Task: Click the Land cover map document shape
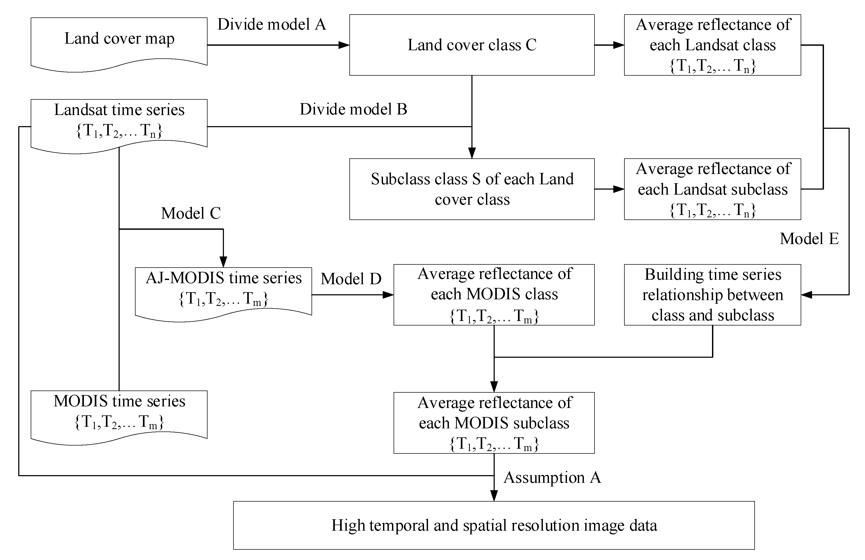(x=119, y=42)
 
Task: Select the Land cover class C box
(x=472, y=45)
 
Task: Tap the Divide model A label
(x=272, y=25)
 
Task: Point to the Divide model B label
(x=353, y=109)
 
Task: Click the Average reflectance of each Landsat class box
(x=712, y=45)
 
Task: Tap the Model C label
(x=191, y=213)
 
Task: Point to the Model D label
(x=351, y=279)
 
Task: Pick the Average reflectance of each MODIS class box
(x=494, y=295)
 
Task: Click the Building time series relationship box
(x=712, y=295)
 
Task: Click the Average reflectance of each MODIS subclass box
(x=494, y=423)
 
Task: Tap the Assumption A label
(x=552, y=478)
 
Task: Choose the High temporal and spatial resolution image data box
(x=494, y=525)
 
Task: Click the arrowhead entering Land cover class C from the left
(x=344, y=45)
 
